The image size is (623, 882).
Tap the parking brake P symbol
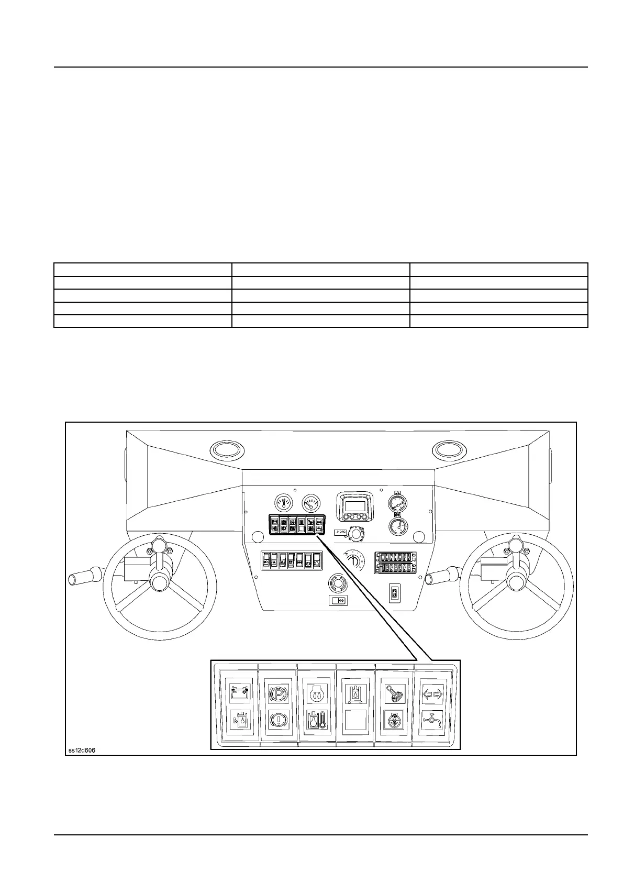coord(278,693)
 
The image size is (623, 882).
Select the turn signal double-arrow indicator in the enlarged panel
coord(432,693)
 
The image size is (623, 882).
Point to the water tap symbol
coord(432,721)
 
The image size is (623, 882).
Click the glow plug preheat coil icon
coord(317,693)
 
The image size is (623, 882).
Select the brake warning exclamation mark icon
coord(278,721)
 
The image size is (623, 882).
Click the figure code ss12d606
coord(81,751)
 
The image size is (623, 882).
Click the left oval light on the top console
coord(226,449)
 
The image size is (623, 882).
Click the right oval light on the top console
coord(449,449)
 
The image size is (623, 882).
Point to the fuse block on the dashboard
coord(395,562)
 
